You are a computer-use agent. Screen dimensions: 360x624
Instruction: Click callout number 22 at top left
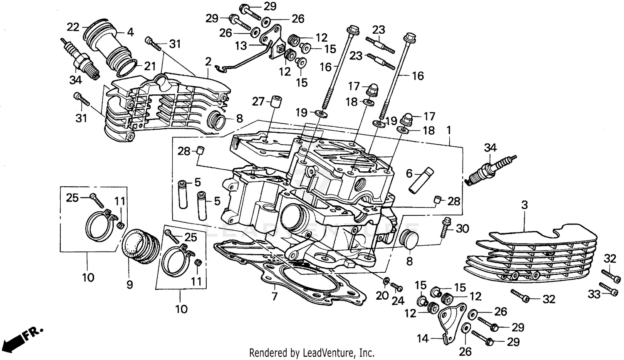click(x=73, y=27)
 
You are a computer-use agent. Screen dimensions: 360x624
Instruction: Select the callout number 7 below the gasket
click(x=274, y=297)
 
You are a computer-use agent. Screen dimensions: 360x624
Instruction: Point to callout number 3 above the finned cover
click(x=525, y=205)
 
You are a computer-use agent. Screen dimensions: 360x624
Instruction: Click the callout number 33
click(x=594, y=294)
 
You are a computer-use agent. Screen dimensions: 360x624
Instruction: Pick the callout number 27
click(x=258, y=101)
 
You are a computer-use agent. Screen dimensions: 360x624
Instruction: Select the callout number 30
click(x=462, y=228)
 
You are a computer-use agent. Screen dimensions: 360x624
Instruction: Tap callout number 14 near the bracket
click(x=422, y=339)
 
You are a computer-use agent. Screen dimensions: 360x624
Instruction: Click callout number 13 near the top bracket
click(x=241, y=46)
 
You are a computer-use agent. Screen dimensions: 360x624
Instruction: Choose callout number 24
click(x=398, y=301)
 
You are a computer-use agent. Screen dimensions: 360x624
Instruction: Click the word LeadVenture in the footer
click(x=333, y=353)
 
